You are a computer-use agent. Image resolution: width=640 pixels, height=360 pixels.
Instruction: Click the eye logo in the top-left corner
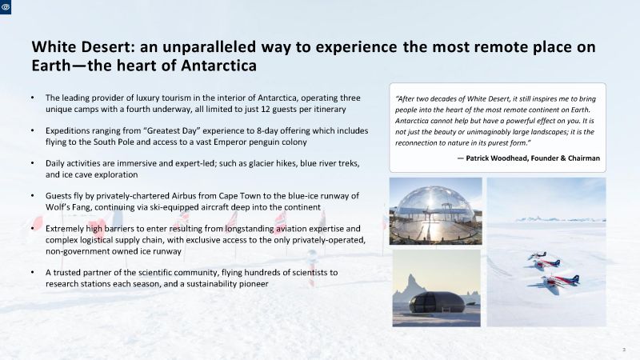[x=6, y=7]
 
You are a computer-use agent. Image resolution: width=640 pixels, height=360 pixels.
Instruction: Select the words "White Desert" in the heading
[x=81, y=46]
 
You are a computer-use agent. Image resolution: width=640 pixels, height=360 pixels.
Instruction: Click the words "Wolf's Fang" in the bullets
[x=67, y=207]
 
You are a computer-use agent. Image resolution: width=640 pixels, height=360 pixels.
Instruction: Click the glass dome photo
[x=435, y=211]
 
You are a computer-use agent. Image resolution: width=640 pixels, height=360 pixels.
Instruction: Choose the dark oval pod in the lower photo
[x=437, y=303]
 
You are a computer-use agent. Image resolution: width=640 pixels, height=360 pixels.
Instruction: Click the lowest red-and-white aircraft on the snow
[x=558, y=282]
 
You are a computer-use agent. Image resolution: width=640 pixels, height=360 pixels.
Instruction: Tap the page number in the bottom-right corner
[x=624, y=350]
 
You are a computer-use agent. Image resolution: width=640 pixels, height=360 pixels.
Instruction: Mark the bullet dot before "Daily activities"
[x=33, y=163]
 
